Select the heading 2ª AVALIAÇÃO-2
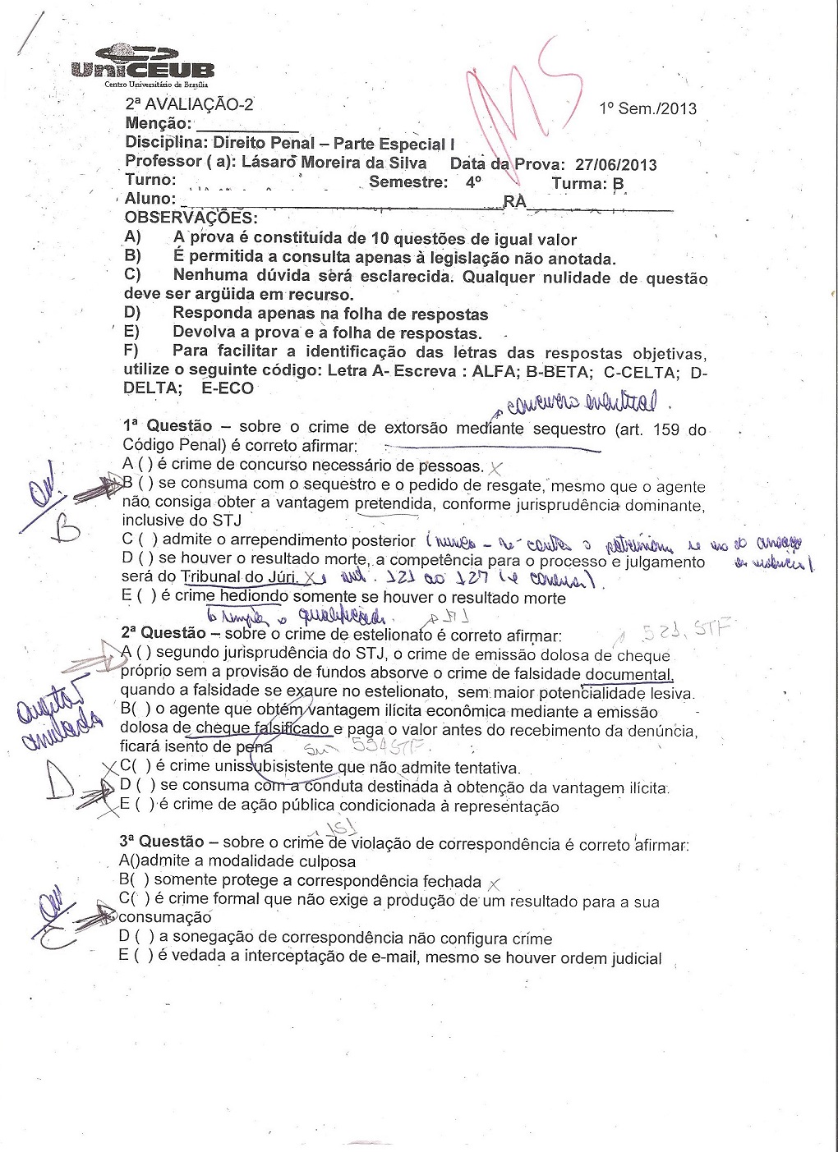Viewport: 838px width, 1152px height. [189, 104]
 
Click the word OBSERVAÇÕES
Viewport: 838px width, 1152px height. [190, 218]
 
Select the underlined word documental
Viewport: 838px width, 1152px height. [628, 674]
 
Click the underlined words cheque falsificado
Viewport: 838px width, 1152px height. [261, 729]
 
